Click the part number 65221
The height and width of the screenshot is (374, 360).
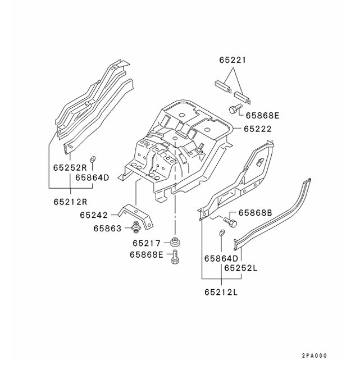tap(233, 60)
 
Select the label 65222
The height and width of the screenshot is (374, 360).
tap(258, 129)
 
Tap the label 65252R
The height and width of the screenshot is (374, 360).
tap(70, 167)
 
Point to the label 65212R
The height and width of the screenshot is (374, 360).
tap(70, 201)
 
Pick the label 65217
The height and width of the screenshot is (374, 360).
tap(146, 243)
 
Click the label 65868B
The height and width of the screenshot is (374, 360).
tap(256, 213)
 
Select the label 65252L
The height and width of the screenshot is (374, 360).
tap(241, 268)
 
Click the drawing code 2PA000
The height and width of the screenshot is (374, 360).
tap(313, 355)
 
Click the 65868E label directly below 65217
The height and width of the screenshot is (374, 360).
tap(146, 254)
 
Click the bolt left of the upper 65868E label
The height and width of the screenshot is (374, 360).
tap(235, 107)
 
